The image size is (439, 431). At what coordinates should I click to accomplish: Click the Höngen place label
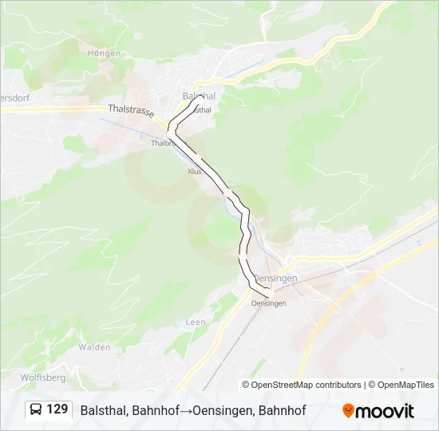point(105,53)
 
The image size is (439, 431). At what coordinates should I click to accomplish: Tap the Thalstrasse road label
point(130,113)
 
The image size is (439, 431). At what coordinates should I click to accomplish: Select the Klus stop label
point(194,172)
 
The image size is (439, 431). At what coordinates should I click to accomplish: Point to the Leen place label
point(196,322)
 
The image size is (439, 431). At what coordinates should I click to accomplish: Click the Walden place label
point(94,347)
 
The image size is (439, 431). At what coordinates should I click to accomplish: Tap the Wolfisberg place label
point(42,377)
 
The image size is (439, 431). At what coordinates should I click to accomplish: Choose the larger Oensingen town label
point(274,278)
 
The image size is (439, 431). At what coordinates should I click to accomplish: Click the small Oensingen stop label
point(268,303)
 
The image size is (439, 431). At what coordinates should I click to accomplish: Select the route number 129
point(57,410)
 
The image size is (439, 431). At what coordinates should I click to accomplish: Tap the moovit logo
point(378,411)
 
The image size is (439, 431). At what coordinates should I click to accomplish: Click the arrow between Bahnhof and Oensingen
point(183,411)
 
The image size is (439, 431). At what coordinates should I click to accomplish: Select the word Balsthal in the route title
point(104,411)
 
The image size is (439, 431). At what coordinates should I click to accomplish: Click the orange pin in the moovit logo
point(348,411)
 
